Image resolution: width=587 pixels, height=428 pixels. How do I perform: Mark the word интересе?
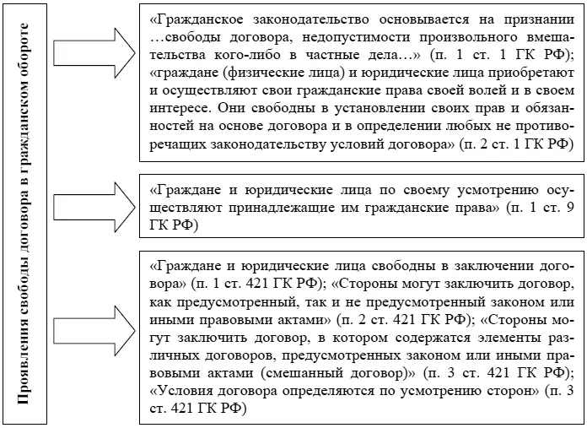(181, 109)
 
